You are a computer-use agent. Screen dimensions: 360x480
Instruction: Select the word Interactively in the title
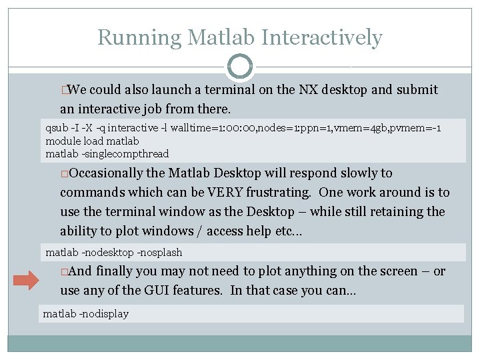tap(322, 37)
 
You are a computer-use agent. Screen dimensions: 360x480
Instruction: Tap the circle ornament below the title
tap(240, 67)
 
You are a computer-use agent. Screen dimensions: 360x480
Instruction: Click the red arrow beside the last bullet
tap(27, 280)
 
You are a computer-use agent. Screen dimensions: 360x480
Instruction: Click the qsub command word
tap(56, 128)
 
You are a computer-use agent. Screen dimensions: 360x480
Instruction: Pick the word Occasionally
tap(106, 173)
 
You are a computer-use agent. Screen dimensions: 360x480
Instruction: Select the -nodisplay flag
tap(103, 313)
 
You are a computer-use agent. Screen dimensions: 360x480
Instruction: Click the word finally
tap(114, 271)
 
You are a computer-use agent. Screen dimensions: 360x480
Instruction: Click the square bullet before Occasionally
tap(64, 174)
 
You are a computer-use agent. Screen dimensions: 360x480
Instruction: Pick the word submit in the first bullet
tap(417, 90)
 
